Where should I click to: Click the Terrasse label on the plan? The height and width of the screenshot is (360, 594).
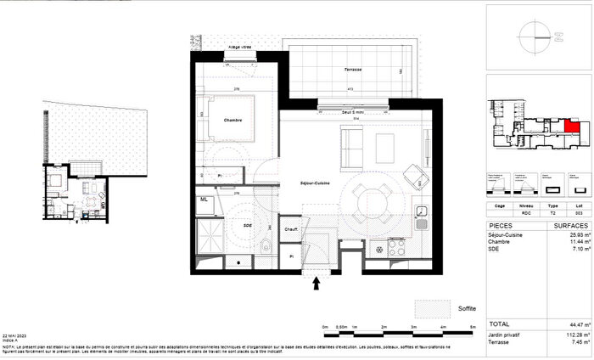(x=346, y=70)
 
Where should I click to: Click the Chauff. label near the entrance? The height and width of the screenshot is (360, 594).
(x=289, y=228)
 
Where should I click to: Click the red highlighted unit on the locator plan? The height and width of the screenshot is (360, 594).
(x=573, y=127)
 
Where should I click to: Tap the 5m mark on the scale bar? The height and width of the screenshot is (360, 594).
(x=473, y=327)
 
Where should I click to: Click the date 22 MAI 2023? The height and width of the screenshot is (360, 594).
(x=19, y=336)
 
